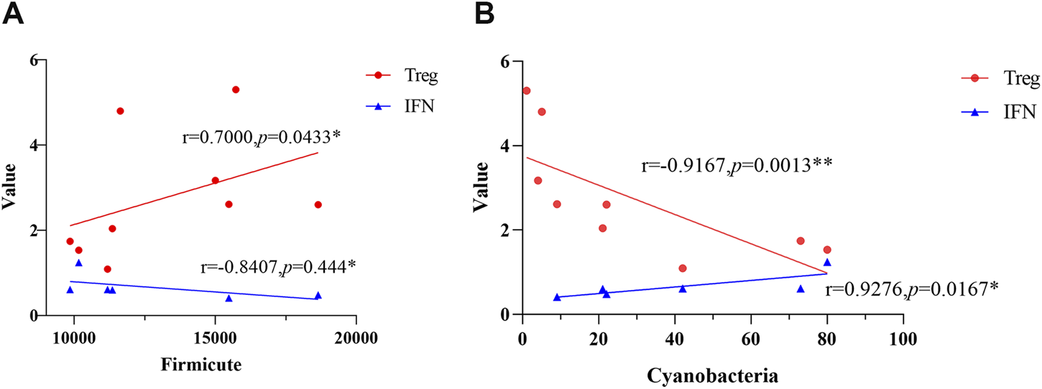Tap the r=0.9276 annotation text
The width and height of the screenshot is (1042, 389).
click(x=910, y=291)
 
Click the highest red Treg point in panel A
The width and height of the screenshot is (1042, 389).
click(x=236, y=90)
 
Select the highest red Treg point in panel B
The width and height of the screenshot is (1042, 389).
click(x=527, y=90)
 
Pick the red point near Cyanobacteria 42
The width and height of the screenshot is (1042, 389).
click(x=683, y=268)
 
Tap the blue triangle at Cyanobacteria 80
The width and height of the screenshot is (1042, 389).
click(x=827, y=263)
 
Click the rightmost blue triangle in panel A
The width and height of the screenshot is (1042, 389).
click(x=318, y=295)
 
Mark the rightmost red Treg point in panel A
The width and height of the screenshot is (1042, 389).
click(x=318, y=205)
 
